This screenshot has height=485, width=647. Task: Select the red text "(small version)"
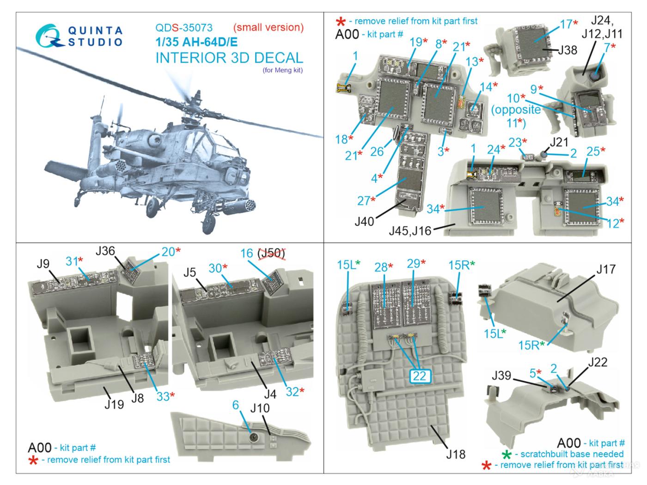point(268,27)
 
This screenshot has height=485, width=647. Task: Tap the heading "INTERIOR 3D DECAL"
point(229,58)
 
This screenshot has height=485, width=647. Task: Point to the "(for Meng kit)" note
point(283,71)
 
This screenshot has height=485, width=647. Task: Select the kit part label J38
point(567,50)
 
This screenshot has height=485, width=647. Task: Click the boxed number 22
point(419,376)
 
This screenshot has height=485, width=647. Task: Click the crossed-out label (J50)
point(271,253)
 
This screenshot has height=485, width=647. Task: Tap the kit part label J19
point(113,404)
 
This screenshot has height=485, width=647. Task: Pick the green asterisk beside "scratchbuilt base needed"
point(507,454)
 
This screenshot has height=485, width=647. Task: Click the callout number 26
point(377,151)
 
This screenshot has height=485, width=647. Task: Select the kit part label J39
point(501,376)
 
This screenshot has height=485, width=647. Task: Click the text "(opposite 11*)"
point(517,116)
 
